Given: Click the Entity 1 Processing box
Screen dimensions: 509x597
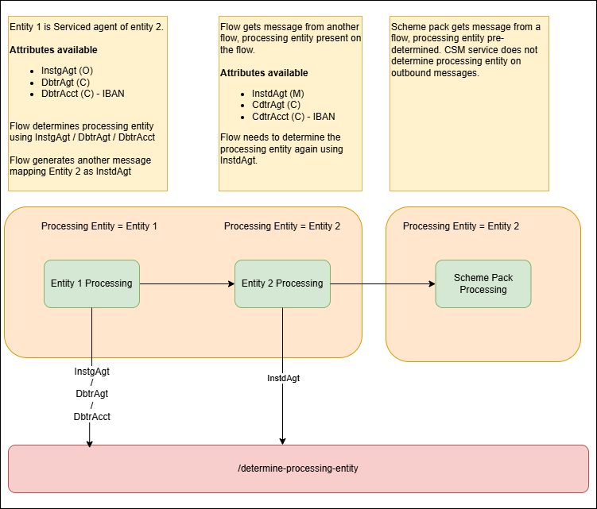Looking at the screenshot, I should pos(91,283).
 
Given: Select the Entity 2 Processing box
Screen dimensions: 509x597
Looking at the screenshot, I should pos(282,283).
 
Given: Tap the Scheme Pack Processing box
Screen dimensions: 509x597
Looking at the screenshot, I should pos(483,283).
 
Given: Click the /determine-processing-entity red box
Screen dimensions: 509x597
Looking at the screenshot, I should pos(298,469).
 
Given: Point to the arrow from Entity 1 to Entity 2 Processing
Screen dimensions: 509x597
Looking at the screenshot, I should pos(187,283).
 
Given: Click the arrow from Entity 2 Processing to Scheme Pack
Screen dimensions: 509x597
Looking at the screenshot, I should pos(382,283).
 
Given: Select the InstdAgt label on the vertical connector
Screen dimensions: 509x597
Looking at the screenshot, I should pos(283,378).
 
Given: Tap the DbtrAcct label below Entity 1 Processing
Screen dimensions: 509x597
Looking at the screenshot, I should pos(92,415).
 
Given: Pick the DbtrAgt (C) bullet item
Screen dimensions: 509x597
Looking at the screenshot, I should pos(67,82).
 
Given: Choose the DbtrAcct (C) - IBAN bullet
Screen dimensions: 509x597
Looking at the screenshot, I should pos(83,93).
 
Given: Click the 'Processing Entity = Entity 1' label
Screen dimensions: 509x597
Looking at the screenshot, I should pos(99,226).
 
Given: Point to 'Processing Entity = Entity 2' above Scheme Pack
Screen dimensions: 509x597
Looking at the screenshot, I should pos(461,226).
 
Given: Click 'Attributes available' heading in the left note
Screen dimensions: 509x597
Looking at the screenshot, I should pos(53,50).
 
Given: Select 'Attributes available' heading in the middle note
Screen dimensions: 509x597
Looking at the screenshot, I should pos(264,73).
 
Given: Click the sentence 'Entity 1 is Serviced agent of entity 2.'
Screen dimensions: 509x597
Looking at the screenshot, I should pos(87,27).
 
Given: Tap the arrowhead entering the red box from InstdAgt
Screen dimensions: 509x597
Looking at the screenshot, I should pos(282,441).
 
